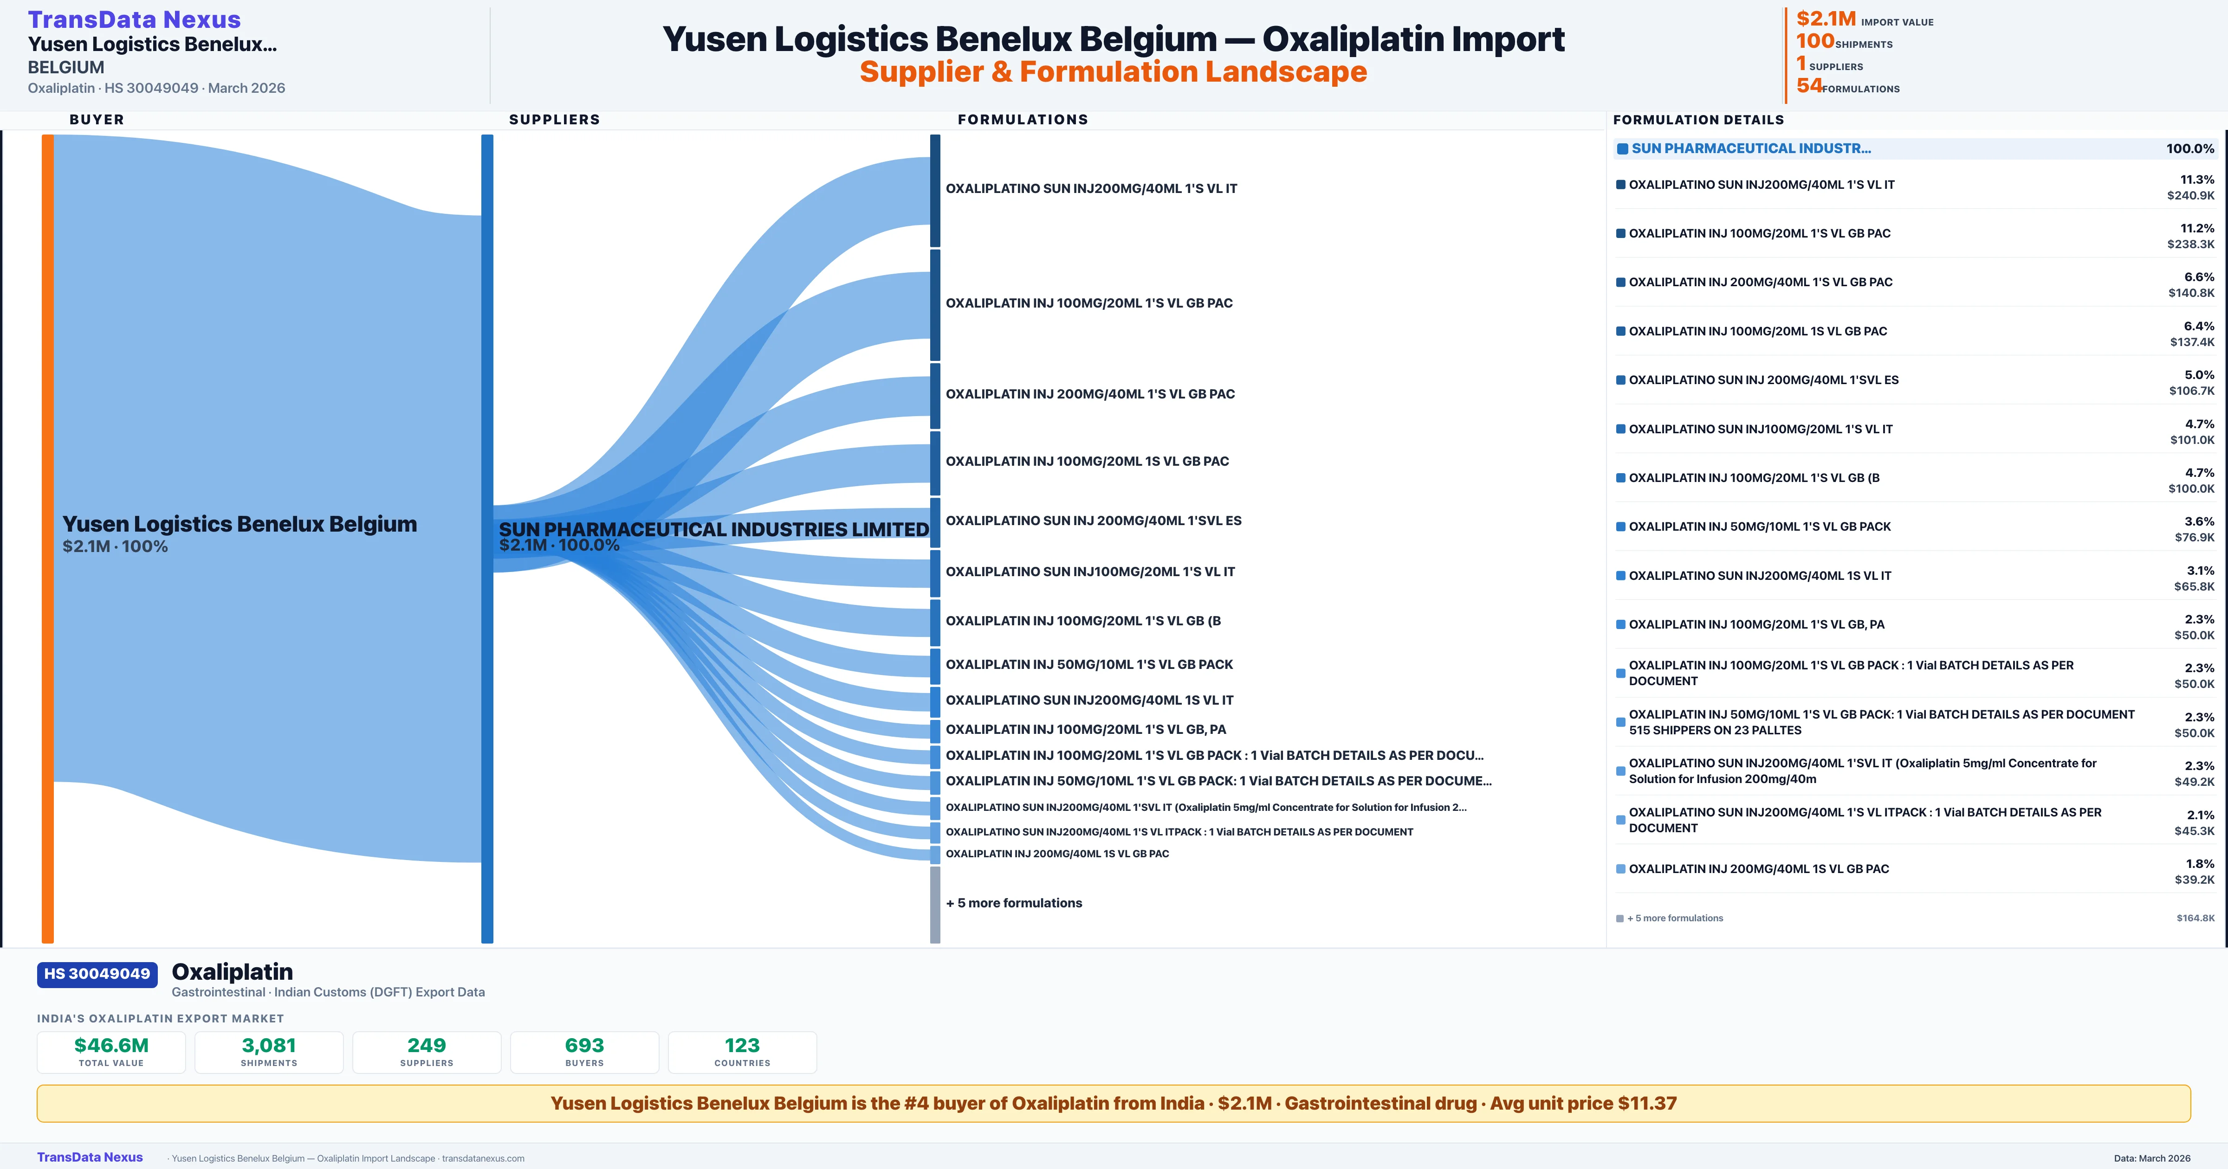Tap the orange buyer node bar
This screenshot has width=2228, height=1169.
pyautogui.click(x=47, y=538)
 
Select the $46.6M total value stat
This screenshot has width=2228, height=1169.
pyautogui.click(x=111, y=1045)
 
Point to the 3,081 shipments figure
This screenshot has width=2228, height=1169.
pyautogui.click(x=269, y=1045)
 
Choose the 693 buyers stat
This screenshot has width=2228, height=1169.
pyautogui.click(x=585, y=1045)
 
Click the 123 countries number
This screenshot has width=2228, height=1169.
pyautogui.click(x=742, y=1045)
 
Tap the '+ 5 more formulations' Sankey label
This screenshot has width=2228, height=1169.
pyautogui.click(x=1014, y=903)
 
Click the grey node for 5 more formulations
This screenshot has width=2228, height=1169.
pyautogui.click(x=935, y=905)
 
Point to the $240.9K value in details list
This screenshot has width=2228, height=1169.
pyautogui.click(x=2191, y=195)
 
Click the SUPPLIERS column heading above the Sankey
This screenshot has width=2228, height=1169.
pyautogui.click(x=554, y=119)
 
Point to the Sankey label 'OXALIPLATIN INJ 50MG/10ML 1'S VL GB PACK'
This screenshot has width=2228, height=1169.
pyautogui.click(x=1089, y=664)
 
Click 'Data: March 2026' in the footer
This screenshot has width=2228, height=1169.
pyautogui.click(x=2152, y=1158)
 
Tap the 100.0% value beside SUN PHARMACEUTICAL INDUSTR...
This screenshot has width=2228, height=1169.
pyautogui.click(x=2190, y=149)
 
